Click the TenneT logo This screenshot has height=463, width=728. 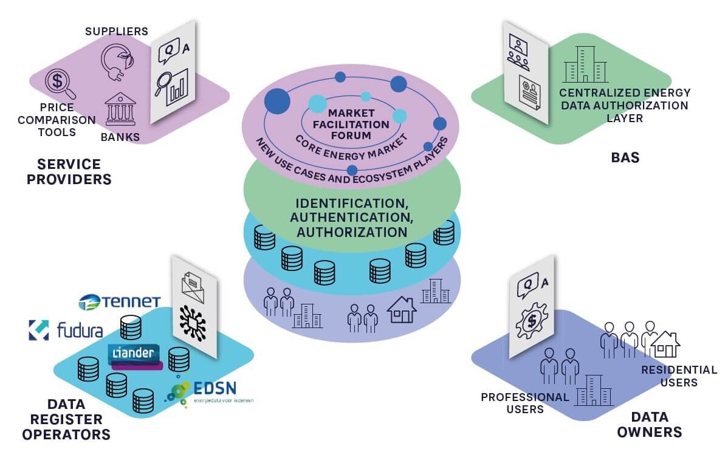pyautogui.click(x=120, y=301)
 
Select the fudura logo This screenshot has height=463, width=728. pyautogui.click(x=66, y=330)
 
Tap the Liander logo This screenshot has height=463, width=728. pyautogui.click(x=135, y=355)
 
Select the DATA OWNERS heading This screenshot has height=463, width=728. pyautogui.click(x=649, y=425)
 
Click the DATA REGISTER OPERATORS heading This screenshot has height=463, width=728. pyautogui.click(x=66, y=419)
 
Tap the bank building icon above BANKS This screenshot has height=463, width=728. pyautogui.click(x=119, y=109)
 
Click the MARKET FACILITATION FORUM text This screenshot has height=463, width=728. pyautogui.click(x=359, y=124)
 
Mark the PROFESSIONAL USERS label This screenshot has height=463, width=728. pyautogui.click(x=525, y=403)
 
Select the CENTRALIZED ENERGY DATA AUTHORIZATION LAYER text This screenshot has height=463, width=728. pyautogui.click(x=625, y=105)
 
